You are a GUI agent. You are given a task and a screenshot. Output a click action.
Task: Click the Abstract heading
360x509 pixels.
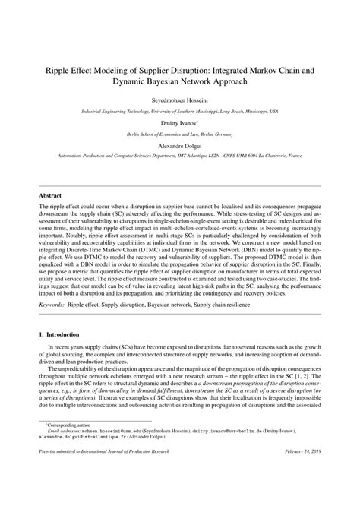pyautogui.click(x=51, y=194)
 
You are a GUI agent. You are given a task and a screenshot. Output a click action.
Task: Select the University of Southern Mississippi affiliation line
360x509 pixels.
pyautogui.click(x=179, y=110)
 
